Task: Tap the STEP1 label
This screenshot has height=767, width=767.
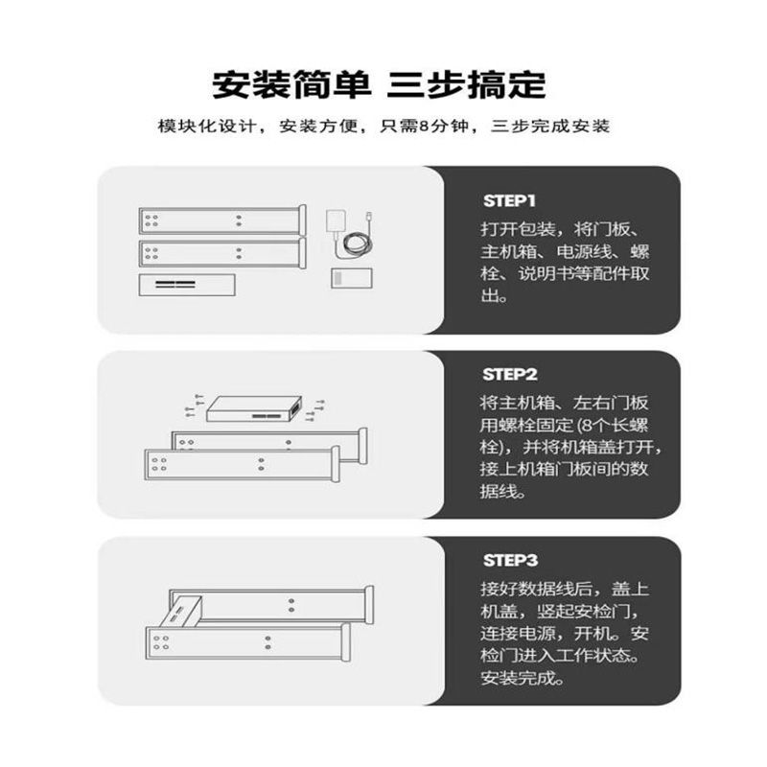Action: pos(509,201)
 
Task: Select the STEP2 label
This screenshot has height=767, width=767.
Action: pos(509,374)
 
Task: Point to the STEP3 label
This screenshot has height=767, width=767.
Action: pos(509,559)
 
